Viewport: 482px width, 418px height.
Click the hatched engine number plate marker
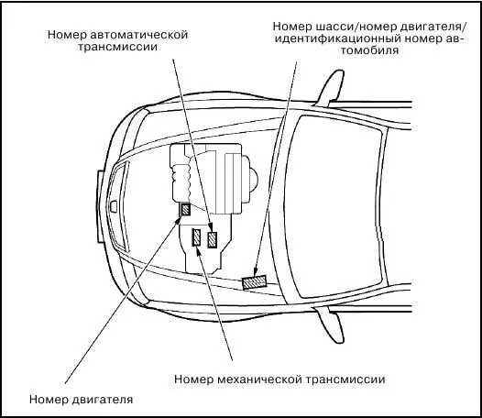click(x=185, y=210)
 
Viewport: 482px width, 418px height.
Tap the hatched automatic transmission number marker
click(x=212, y=240)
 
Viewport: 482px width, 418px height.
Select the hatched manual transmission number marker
click(x=196, y=237)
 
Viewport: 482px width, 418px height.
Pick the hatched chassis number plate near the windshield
click(x=254, y=282)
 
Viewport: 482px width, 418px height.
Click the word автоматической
click(x=138, y=35)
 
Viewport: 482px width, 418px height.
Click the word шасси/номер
click(x=356, y=27)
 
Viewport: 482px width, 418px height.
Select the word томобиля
click(x=369, y=50)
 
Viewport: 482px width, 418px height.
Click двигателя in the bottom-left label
click(x=103, y=400)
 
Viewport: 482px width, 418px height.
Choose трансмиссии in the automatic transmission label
click(x=117, y=47)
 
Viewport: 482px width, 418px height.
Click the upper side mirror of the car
click(x=330, y=88)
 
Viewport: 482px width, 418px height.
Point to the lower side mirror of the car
click(x=330, y=324)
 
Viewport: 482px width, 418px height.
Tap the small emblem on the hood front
click(x=114, y=206)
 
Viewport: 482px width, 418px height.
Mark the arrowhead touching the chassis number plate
click(x=255, y=272)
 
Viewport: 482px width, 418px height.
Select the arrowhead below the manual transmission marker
click(x=198, y=251)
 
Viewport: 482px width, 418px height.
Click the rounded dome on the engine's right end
click(x=253, y=180)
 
